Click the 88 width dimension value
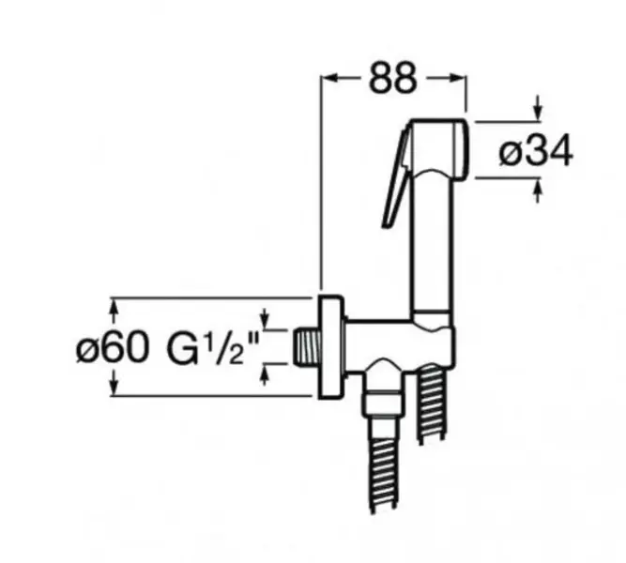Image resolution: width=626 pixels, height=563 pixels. pyautogui.click(x=393, y=78)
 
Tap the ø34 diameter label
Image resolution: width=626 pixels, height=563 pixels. pyautogui.click(x=536, y=151)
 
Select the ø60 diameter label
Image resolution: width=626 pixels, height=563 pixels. pyautogui.click(x=113, y=347)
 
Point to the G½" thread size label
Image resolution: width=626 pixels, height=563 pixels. pyautogui.click(x=213, y=347)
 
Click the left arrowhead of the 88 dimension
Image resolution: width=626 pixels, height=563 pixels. pyautogui.click(x=329, y=78)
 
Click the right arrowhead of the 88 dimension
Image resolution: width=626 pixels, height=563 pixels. pyautogui.click(x=457, y=78)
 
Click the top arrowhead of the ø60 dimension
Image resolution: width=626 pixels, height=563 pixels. pyautogui.click(x=115, y=309)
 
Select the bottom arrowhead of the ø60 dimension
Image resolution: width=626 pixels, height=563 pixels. pyautogui.click(x=115, y=384)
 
